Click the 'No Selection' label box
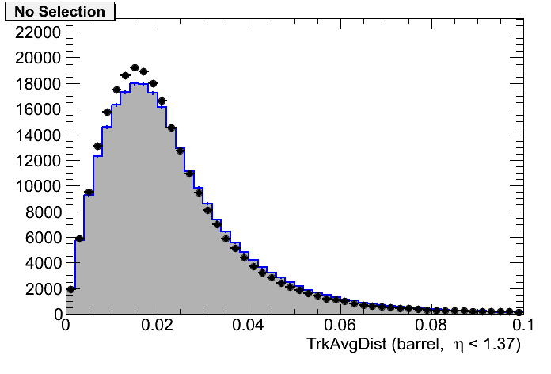point(59,12)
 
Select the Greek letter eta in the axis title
point(458,345)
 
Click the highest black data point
point(135,68)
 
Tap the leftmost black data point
point(70,289)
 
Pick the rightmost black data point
point(519,312)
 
